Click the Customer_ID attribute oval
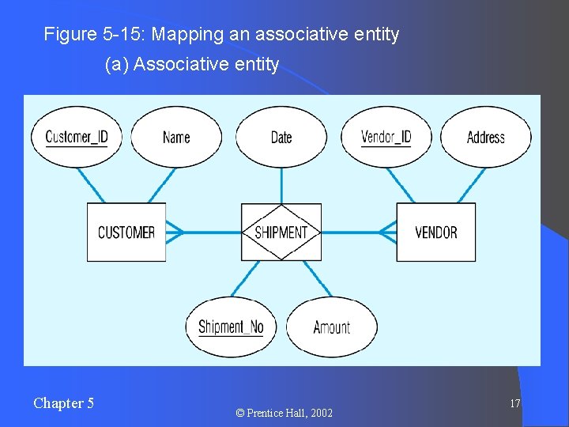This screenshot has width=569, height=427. tap(77, 137)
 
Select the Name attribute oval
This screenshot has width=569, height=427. tap(176, 137)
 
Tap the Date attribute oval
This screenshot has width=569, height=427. tap(281, 137)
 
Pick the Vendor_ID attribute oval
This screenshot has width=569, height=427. tap(386, 137)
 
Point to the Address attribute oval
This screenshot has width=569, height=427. tap(485, 137)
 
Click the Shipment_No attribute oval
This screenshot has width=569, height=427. tap(231, 327)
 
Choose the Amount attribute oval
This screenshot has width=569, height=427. tap(331, 327)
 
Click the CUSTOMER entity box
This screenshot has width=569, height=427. tap(126, 232)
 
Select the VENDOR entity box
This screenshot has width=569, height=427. tap(435, 232)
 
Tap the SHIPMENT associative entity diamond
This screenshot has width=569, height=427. tap(281, 232)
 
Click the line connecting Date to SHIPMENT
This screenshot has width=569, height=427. tap(281, 185)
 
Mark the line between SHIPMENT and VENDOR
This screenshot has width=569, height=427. tap(359, 232)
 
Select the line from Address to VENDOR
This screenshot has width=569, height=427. tap(466, 185)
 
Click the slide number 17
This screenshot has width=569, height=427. tap(514, 403)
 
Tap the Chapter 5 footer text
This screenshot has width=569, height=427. tap(63, 403)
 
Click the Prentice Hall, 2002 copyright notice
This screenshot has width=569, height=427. tap(284, 413)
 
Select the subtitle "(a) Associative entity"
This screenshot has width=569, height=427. tap(192, 65)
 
